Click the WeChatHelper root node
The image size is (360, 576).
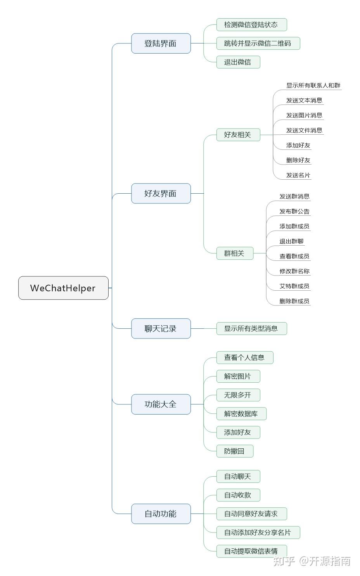(63, 288)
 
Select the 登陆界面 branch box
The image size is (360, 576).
(161, 43)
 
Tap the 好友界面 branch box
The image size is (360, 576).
(161, 193)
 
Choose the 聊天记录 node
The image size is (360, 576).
(161, 328)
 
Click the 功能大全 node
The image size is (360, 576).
(161, 404)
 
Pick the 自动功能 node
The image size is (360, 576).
(161, 514)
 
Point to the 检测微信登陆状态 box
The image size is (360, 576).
(251, 25)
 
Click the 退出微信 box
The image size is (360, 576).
(238, 62)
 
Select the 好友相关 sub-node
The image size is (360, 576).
(238, 135)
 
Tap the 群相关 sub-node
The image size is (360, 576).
(235, 253)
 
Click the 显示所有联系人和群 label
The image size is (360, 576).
(313, 86)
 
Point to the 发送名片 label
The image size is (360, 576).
(298, 175)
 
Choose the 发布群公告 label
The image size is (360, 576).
(294, 212)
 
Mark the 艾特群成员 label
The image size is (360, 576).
(294, 286)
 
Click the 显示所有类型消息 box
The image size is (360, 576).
(251, 328)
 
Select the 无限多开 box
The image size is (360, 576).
(238, 395)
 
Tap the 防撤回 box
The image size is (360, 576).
(235, 451)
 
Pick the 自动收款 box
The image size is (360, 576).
(238, 495)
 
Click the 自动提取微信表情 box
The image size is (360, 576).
(251, 551)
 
